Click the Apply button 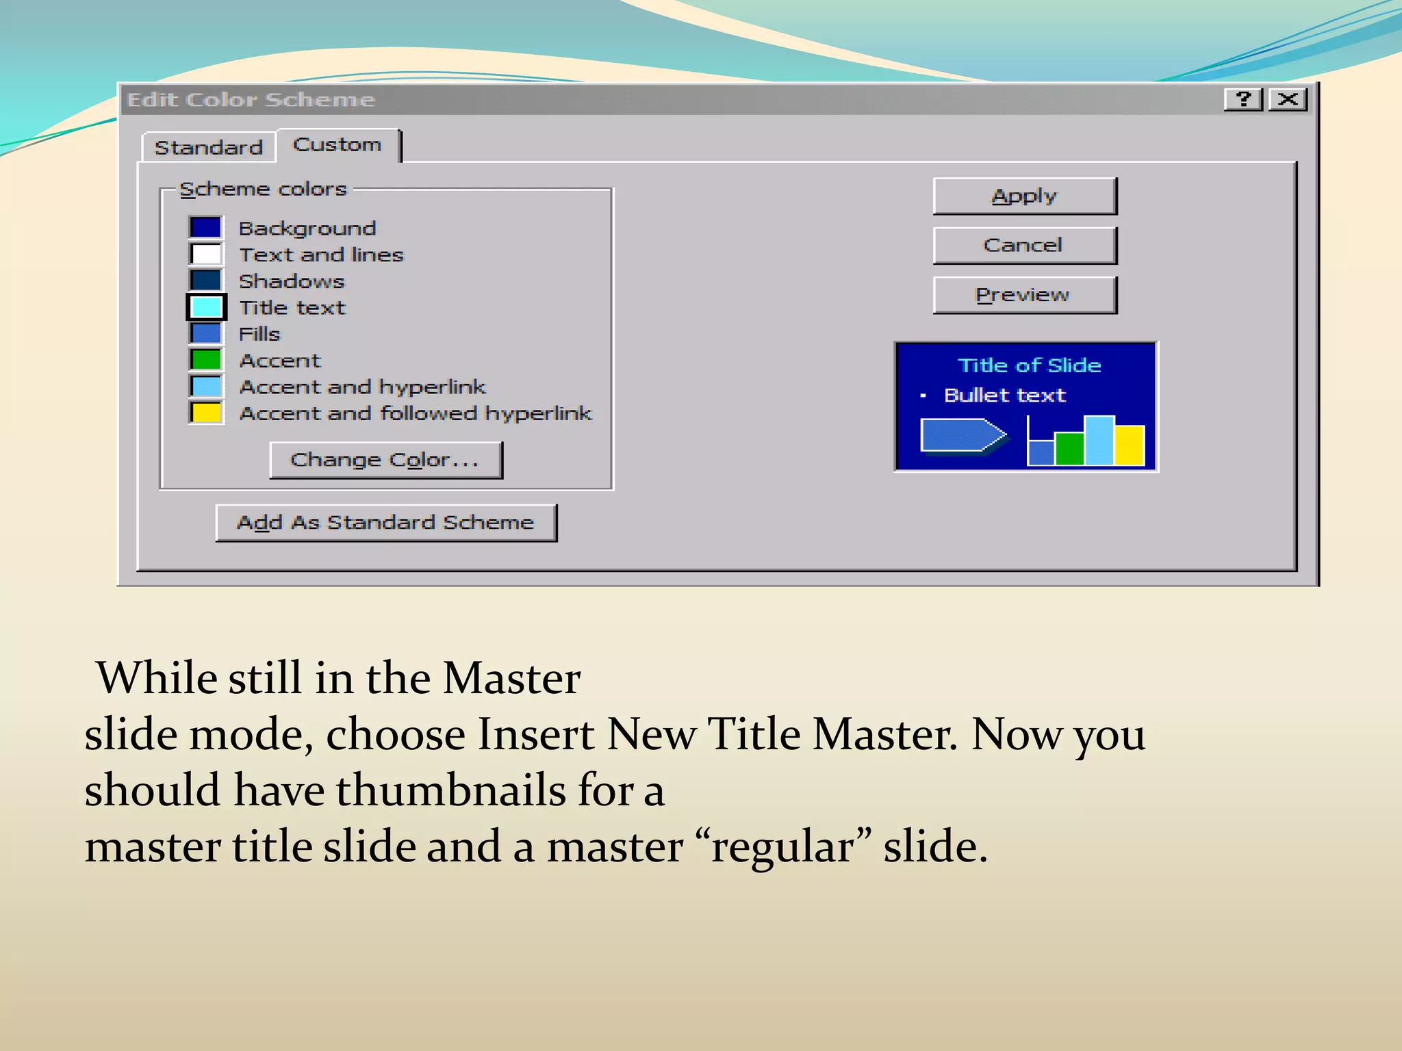click(1024, 196)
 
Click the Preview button click(1024, 295)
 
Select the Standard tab click(209, 147)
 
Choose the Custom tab click(337, 145)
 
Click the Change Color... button click(385, 460)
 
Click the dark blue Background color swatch click(206, 227)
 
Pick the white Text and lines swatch click(206, 254)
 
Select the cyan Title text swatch click(206, 307)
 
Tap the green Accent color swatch click(206, 360)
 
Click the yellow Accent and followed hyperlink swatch click(206, 413)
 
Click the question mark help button click(1242, 100)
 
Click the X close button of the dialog click(1288, 100)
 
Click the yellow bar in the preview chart click(1130, 445)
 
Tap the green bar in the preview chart click(1069, 449)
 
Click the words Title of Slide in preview click(1029, 365)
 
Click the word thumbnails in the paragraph click(450, 791)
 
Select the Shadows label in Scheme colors click(292, 281)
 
